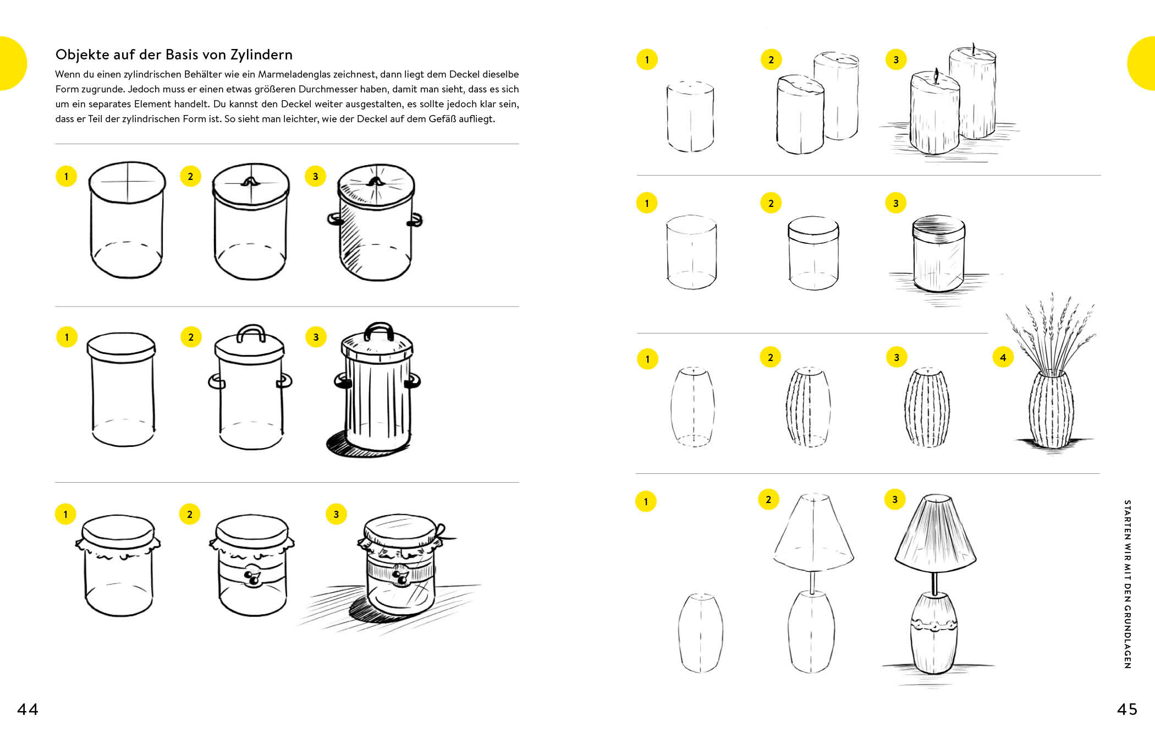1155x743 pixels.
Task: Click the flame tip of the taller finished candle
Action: point(973,43)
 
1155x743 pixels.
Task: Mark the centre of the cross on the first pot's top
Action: point(128,181)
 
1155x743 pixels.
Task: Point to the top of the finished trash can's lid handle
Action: point(378,324)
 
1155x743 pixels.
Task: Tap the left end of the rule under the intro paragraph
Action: point(56,144)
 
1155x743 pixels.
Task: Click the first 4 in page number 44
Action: point(23,709)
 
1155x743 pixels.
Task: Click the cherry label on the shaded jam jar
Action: point(401,576)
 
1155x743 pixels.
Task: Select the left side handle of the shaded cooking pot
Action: point(335,220)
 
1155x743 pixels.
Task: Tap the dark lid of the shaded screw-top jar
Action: point(939,226)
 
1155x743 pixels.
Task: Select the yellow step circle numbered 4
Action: point(1003,357)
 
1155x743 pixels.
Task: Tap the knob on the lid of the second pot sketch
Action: point(251,181)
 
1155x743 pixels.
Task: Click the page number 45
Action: point(1127,709)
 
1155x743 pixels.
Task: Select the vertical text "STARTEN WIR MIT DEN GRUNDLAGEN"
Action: point(1127,584)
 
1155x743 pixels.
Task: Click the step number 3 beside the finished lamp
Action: point(895,499)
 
